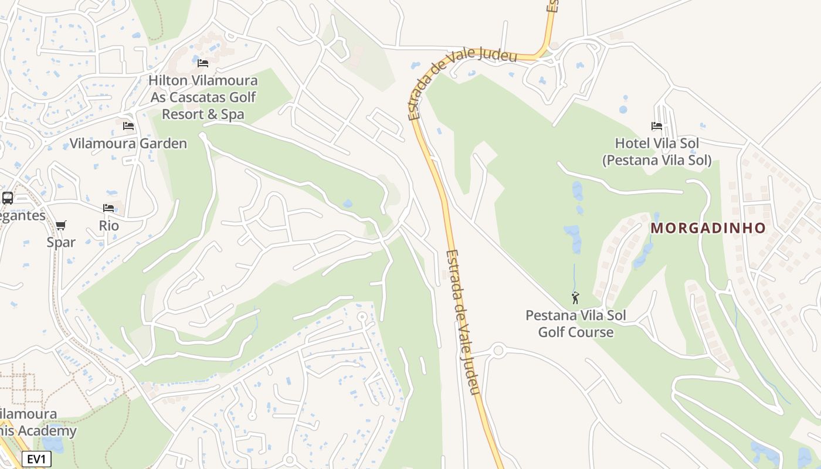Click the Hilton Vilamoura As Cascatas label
203,97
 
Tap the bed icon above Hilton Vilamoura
203,63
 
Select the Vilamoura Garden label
128,144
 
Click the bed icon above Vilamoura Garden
128,126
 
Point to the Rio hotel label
108,226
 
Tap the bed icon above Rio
108,208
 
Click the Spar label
61,242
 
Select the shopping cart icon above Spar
61,225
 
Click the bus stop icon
8,198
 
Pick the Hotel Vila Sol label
657,152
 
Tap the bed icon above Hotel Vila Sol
657,126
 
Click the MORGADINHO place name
708,228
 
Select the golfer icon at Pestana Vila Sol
575,298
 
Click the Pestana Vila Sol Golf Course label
575,324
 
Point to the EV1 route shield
36,459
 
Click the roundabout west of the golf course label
498,351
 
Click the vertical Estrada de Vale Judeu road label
463,322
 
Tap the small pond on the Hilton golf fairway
348,203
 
